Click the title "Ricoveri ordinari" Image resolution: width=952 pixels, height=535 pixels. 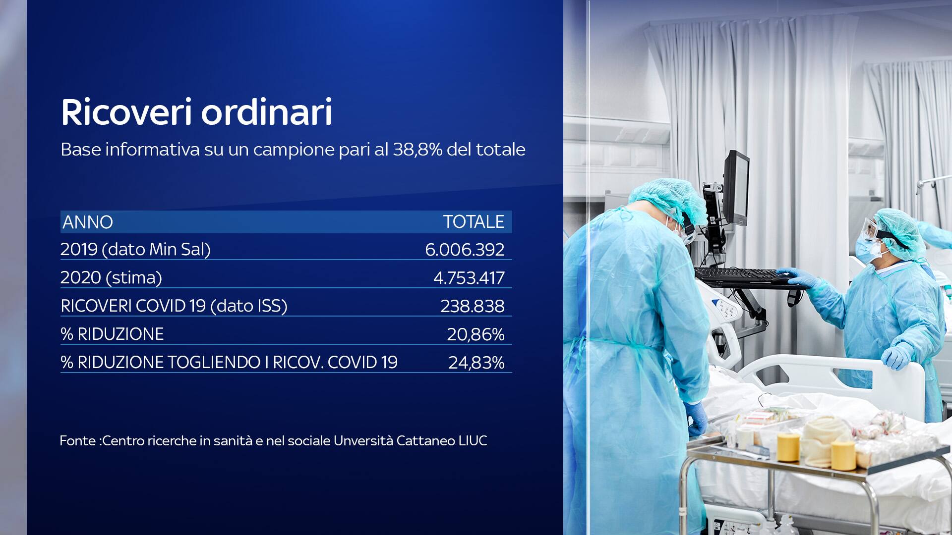click(196, 112)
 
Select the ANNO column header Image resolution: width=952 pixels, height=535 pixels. click(88, 222)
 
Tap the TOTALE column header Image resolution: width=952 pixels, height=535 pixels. click(474, 221)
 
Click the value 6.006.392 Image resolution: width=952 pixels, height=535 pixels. click(465, 250)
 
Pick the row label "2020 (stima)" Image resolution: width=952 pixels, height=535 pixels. click(111, 277)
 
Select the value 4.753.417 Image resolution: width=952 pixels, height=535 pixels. click(469, 278)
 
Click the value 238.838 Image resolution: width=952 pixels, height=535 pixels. click(473, 306)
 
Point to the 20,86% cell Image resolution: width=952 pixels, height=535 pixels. click(476, 334)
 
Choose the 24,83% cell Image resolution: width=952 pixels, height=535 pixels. click(476, 363)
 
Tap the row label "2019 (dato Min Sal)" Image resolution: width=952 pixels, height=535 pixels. click(135, 249)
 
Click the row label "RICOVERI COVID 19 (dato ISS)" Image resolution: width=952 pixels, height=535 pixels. click(174, 306)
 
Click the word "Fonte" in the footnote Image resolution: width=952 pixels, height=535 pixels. click(77, 440)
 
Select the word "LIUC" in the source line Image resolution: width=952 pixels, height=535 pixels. click(473, 440)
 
